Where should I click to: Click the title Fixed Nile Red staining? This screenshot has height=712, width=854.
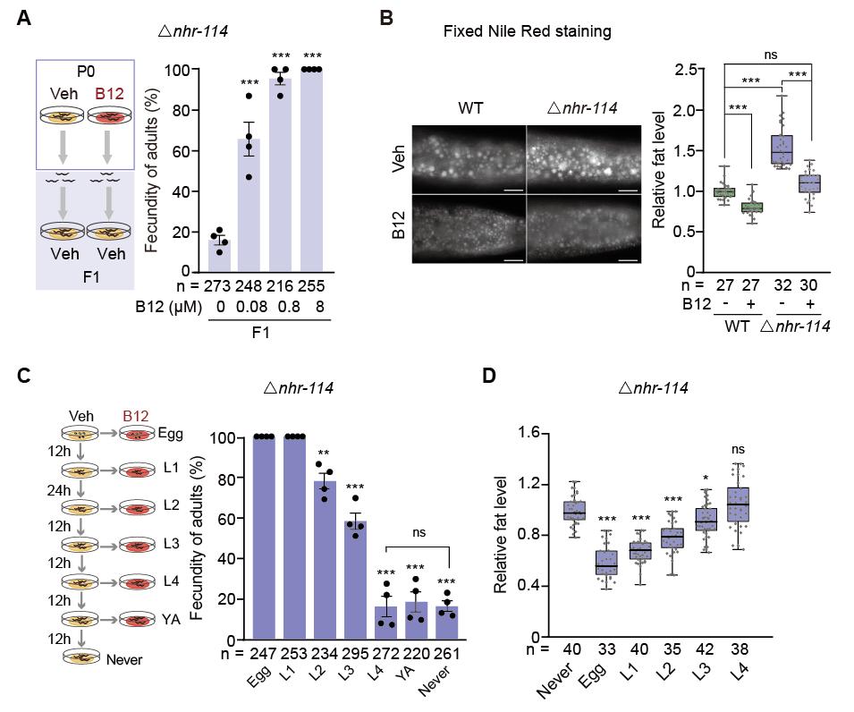pos(528,31)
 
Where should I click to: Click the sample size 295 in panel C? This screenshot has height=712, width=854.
pos(355,654)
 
